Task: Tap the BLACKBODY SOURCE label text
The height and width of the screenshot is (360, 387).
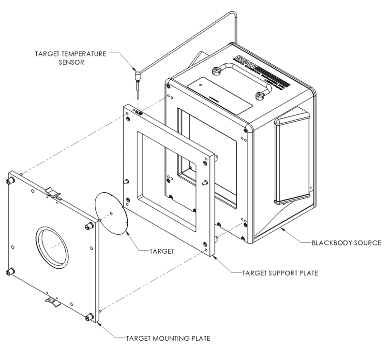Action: point(347,242)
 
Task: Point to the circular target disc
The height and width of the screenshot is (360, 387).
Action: point(111,213)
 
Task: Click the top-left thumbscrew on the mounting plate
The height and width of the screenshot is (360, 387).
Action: point(9,182)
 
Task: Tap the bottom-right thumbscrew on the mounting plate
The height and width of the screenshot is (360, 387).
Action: point(88,317)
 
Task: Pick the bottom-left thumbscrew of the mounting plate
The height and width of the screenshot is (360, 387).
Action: point(10,272)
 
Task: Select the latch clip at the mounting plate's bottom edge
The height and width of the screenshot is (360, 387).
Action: point(53,302)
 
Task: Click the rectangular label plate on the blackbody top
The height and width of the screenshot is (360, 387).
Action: point(220,91)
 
